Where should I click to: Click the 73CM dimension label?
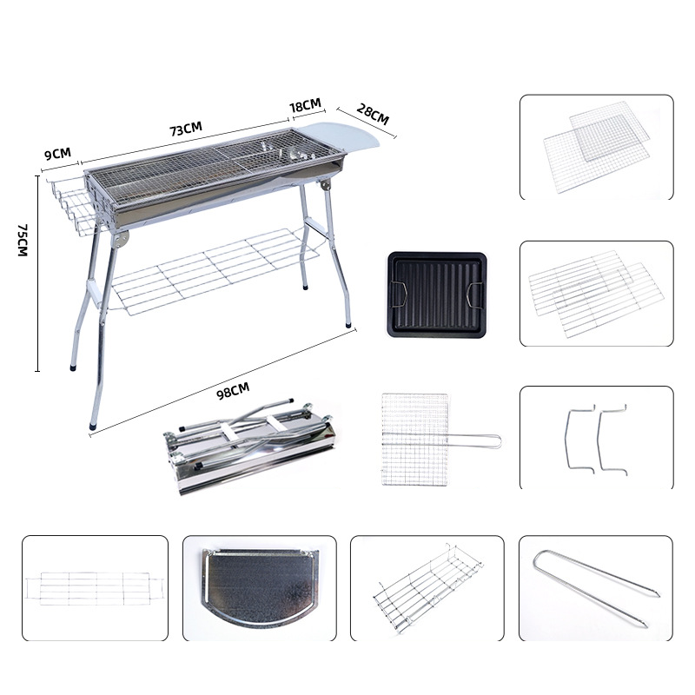tap(186, 129)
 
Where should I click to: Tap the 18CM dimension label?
tap(305, 105)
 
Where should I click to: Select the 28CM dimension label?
tap(373, 115)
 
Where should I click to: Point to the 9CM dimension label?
tap(57, 154)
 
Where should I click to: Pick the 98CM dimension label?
tap(233, 390)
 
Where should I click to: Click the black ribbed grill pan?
tap(437, 294)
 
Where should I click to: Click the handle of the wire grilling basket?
tap(474, 440)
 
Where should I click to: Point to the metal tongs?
tap(596, 587)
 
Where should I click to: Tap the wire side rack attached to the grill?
tap(71, 205)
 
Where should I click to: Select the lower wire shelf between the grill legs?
tap(214, 271)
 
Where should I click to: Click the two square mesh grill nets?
tap(597, 147)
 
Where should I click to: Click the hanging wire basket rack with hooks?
tap(427, 588)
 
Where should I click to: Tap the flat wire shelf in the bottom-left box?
tap(94, 589)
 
